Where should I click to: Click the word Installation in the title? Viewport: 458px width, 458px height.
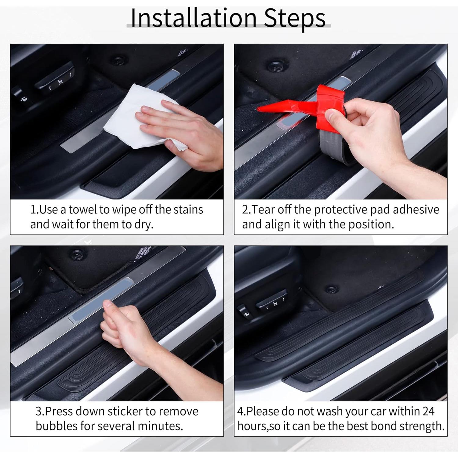point(193,18)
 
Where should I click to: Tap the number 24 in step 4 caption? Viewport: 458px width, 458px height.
point(428,411)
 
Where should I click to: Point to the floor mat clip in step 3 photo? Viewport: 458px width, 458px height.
point(75,254)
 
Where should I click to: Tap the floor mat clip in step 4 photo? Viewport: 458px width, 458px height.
point(331,289)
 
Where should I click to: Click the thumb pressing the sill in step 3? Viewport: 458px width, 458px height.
point(108,304)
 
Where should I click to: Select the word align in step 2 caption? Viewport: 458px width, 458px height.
point(278,224)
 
